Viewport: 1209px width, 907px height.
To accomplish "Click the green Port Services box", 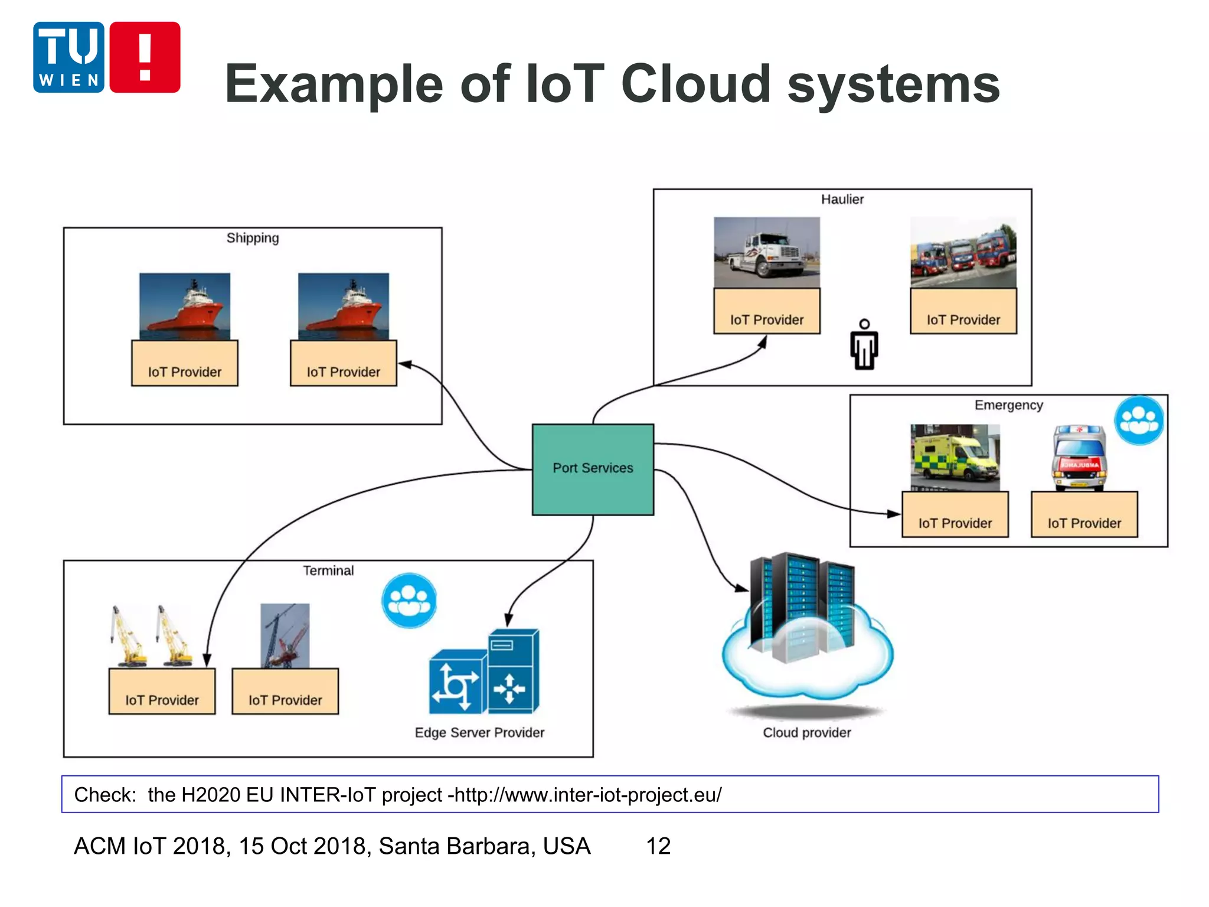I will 593,469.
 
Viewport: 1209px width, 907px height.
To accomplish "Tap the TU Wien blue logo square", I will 68,57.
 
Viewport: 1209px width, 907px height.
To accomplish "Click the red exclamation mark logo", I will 145,57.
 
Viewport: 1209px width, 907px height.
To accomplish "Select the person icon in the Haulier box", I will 864,345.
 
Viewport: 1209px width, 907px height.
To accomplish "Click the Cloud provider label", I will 806,733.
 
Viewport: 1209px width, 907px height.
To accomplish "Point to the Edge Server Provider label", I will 479,733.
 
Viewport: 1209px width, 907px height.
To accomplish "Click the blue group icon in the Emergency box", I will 1139,420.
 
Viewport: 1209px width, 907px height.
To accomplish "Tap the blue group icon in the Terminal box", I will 409,601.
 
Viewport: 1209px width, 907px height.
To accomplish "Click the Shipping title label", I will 253,238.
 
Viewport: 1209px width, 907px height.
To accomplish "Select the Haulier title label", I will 842,200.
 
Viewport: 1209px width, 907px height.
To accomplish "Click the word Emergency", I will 1008,405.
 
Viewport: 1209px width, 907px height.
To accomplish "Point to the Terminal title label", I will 328,571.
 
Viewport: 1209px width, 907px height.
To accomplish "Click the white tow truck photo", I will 766,252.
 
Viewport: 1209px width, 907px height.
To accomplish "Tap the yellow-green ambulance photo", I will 955,458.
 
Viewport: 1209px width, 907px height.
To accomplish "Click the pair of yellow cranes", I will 151,637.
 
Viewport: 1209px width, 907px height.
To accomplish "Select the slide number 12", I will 658,846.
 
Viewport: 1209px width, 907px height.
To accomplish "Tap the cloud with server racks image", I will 806,632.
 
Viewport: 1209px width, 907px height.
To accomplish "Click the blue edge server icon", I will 484,673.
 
